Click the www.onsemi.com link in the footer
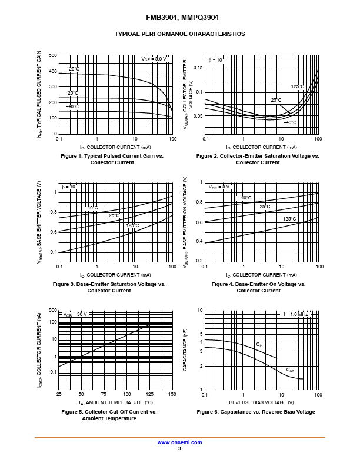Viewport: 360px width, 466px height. pos(179,442)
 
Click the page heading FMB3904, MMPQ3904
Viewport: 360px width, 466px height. pos(179,18)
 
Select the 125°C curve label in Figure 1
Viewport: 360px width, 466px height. pos(72,69)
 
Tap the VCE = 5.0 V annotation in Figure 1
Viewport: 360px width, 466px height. pos(154,59)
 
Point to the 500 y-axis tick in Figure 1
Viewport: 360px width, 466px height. pos(53,56)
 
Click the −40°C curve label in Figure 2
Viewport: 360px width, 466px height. pos(290,122)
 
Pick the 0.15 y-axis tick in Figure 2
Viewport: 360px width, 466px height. pos(198,68)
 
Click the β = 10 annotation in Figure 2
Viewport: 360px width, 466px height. pos(215,60)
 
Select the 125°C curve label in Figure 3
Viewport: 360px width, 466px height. pos(132,225)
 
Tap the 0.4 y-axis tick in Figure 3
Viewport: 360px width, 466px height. pos(54,252)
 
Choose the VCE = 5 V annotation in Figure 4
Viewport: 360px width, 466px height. pos(219,187)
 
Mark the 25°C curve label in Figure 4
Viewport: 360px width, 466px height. pos(265,207)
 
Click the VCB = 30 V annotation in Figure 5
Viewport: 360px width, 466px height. pos(75,314)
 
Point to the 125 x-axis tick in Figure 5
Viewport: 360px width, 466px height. pos(149,394)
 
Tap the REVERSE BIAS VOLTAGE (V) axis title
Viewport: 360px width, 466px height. pos(261,402)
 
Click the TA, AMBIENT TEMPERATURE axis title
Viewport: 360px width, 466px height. pos(115,402)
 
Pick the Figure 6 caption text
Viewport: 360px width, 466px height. pos(256,412)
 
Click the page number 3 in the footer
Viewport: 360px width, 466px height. pos(179,448)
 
